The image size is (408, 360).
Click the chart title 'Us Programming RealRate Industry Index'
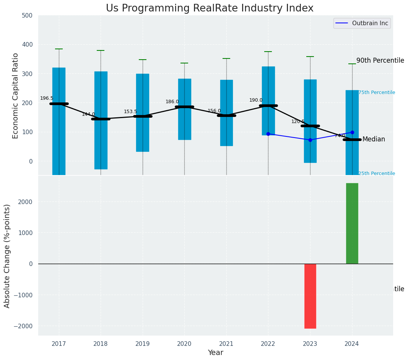click(x=210, y=8)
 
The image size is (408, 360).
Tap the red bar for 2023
click(x=310, y=296)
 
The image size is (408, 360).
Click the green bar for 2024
click(x=352, y=223)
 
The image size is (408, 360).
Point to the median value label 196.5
click(x=47, y=98)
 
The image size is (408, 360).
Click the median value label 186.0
click(x=172, y=102)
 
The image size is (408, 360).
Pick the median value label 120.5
click(x=298, y=122)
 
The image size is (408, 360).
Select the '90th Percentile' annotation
click(x=380, y=60)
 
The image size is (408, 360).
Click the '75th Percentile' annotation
click(x=377, y=92)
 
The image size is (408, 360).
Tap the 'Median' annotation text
click(x=374, y=139)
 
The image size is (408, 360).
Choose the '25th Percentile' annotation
click(x=377, y=174)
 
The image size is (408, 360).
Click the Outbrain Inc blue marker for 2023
click(x=310, y=140)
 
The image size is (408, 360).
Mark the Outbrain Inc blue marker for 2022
click(x=268, y=134)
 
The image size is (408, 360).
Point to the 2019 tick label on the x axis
click(x=143, y=344)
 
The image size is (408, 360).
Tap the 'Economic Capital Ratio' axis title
click(x=16, y=96)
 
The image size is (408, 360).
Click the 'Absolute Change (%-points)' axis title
click(x=7, y=256)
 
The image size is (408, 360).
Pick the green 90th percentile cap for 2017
click(x=59, y=49)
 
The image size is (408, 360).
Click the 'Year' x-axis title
click(x=215, y=353)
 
